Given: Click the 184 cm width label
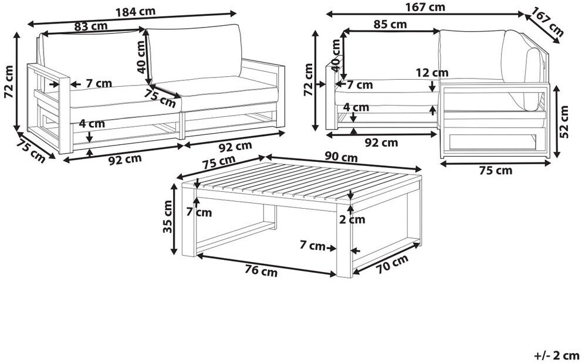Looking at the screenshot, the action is [x=135, y=12].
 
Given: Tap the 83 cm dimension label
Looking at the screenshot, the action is [x=91, y=26].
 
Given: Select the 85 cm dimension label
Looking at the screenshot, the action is [x=390, y=25].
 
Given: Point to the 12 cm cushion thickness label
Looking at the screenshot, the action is [x=432, y=73].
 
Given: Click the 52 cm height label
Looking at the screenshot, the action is [x=564, y=122].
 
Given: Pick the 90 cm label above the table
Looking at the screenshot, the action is [x=341, y=157].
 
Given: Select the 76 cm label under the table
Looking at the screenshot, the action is [x=261, y=272].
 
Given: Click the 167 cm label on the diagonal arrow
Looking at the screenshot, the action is [x=547, y=22].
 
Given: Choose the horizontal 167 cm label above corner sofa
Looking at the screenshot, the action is [x=425, y=6].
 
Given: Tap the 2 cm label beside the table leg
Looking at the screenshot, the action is [x=352, y=219].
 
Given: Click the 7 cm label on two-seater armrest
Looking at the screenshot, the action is [x=99, y=83].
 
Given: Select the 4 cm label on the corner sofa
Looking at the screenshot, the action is [x=356, y=108].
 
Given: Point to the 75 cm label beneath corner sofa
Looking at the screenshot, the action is [x=496, y=171].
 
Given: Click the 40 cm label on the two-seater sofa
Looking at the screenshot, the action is [x=141, y=57].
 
